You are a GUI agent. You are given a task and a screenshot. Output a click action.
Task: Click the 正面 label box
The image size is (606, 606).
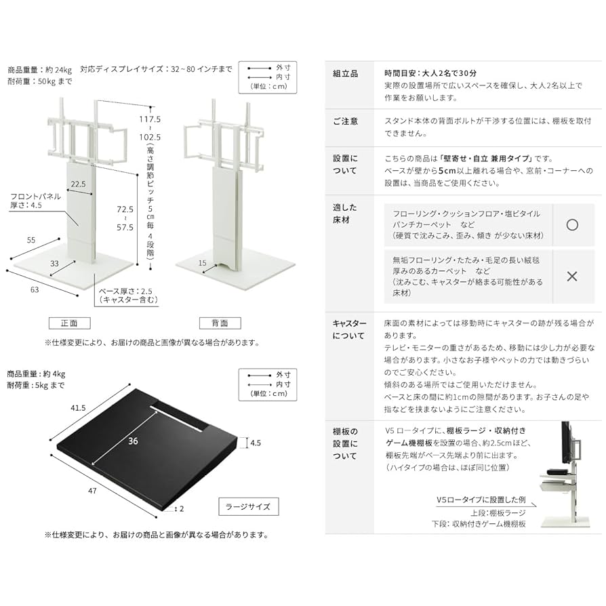pyautogui.click(x=68, y=323)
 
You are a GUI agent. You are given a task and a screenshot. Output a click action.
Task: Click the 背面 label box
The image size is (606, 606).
pyautogui.click(x=220, y=323)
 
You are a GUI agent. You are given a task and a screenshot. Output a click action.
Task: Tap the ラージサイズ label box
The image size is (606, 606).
pyautogui.click(x=248, y=506)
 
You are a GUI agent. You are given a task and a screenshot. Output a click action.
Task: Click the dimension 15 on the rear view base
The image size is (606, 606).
pyautogui.click(x=202, y=262)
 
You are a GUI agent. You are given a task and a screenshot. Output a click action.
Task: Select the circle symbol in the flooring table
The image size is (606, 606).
pyautogui.click(x=571, y=224)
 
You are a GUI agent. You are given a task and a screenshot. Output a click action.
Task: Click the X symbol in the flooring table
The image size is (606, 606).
pyautogui.click(x=571, y=277)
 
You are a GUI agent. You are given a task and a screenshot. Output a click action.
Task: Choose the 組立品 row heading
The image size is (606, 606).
pyautogui.click(x=346, y=74)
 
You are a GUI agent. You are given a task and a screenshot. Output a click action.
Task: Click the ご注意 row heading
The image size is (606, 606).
pyautogui.click(x=346, y=121)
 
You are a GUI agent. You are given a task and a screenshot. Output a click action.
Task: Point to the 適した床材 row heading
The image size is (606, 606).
pyautogui.click(x=345, y=213)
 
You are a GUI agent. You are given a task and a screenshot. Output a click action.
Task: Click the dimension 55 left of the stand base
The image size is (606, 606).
pyautogui.click(x=31, y=240)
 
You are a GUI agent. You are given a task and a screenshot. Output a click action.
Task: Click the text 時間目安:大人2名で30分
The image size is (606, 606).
pyautogui.click(x=430, y=73)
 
